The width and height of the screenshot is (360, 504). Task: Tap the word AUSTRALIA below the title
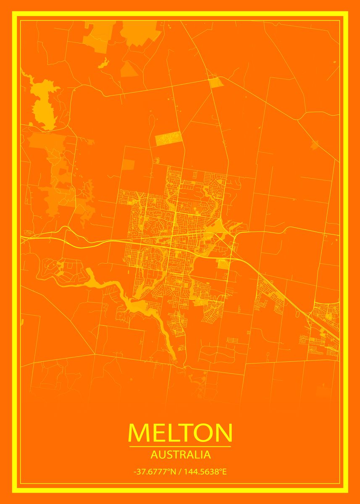(180, 454)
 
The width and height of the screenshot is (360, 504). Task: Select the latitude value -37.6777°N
(154, 472)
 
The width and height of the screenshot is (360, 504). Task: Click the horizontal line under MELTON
(180, 446)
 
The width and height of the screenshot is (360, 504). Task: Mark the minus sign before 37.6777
(135, 472)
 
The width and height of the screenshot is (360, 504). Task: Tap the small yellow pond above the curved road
(103, 64)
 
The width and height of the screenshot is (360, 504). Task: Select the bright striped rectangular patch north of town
(168, 138)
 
